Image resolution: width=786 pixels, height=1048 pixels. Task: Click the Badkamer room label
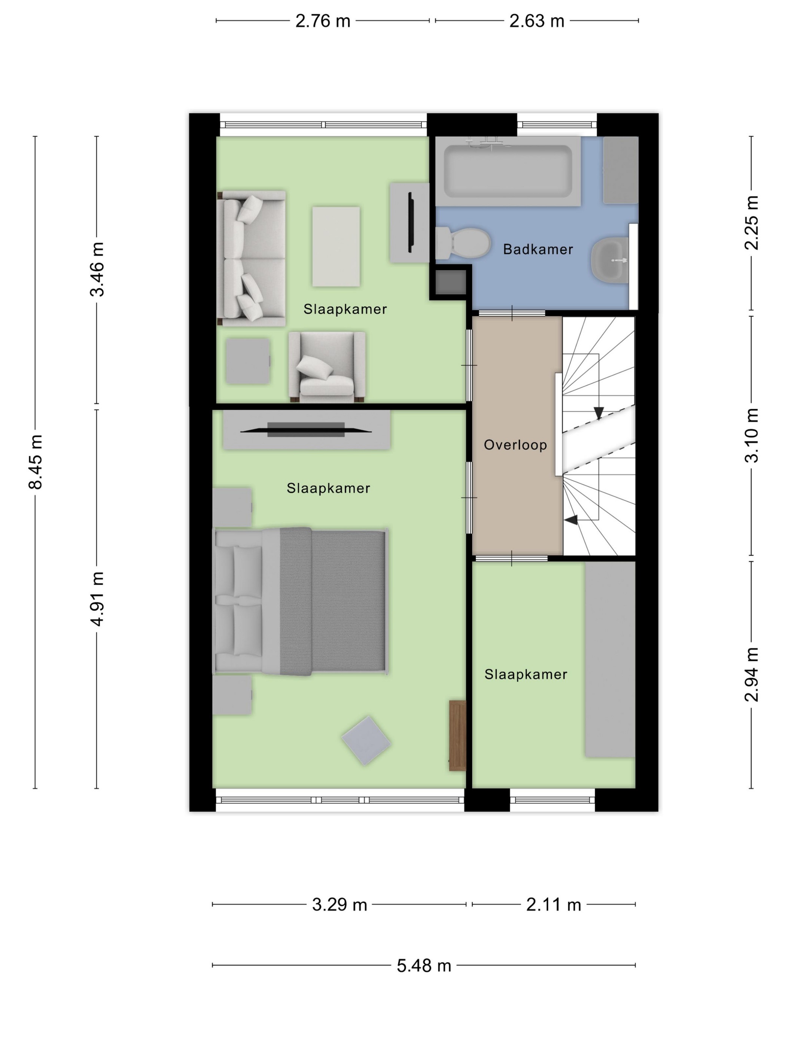[x=538, y=249]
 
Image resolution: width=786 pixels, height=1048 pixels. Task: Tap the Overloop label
[x=515, y=445]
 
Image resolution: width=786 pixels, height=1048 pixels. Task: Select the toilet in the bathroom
[x=463, y=243]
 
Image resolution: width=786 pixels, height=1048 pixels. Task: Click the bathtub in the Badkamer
[x=508, y=171]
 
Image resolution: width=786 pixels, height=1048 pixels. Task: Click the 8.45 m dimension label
[x=36, y=461]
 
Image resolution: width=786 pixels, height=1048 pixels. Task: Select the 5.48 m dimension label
[x=424, y=965]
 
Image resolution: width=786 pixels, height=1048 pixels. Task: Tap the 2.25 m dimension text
[x=751, y=222]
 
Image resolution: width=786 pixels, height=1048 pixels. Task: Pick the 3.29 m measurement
[x=339, y=904]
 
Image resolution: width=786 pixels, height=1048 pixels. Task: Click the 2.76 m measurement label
[x=323, y=21]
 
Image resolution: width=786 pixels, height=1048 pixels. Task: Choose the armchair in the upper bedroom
[x=327, y=367]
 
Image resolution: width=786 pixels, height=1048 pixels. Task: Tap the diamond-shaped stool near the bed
[x=366, y=740]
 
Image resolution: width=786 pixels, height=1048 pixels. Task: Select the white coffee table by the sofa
[x=336, y=246]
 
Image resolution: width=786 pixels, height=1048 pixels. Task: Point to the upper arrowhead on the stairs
[x=598, y=413]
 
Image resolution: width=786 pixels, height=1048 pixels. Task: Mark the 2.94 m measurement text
[x=751, y=674]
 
